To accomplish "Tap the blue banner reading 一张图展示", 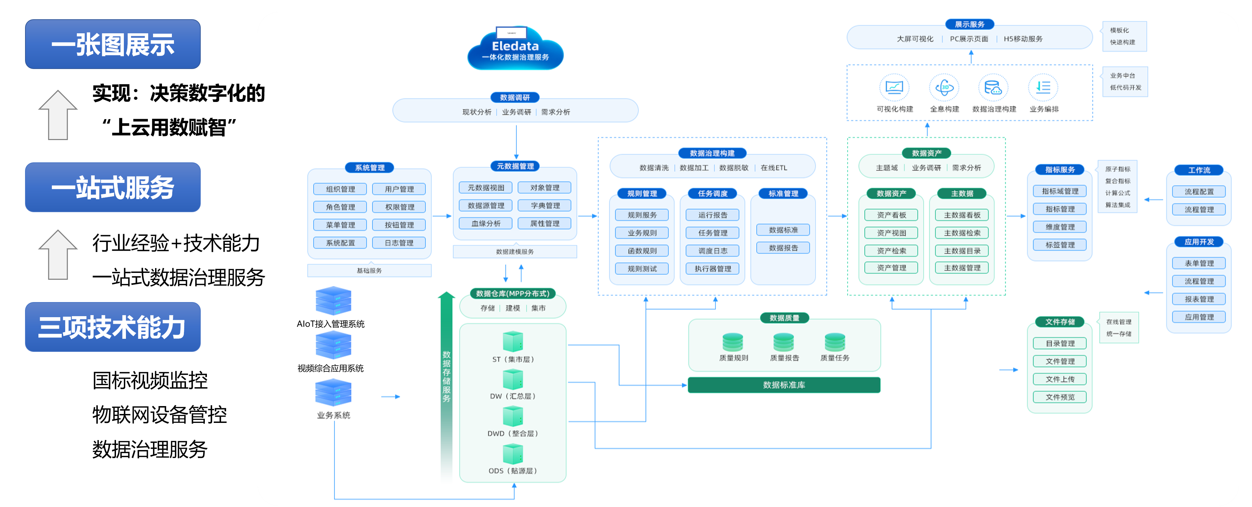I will tap(113, 44).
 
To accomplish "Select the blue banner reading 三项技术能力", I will tap(113, 327).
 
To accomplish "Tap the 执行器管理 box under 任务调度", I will tap(713, 269).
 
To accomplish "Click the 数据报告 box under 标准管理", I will tap(783, 248).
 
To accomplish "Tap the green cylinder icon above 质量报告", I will tap(783, 342).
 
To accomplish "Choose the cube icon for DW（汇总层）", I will tap(513, 379).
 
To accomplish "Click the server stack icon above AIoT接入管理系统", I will tap(334, 300).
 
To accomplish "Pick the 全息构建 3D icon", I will tap(944, 88).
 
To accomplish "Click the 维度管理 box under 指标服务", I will tap(1060, 227).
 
